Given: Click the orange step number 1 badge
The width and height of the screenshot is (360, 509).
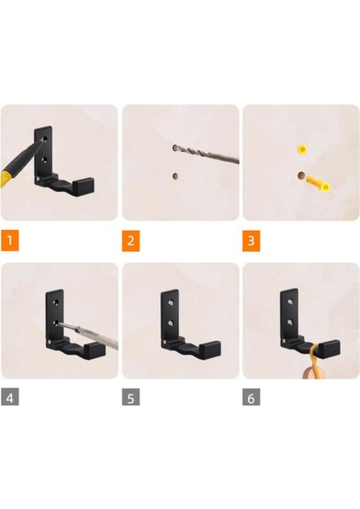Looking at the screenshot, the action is coord(9,241).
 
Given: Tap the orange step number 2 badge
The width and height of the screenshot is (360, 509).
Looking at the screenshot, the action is coord(131,241).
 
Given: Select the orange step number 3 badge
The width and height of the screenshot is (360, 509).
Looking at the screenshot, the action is coord(250,241).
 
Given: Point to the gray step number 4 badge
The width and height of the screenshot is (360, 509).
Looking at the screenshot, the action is coord(9,396).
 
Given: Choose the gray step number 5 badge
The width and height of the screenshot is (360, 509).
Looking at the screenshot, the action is coord(131,396).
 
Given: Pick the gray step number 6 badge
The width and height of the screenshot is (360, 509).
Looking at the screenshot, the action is coord(250,396).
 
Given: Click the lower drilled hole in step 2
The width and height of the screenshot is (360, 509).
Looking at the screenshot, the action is coord(175,176).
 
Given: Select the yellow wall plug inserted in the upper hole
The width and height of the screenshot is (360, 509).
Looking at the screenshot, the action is coord(302,149).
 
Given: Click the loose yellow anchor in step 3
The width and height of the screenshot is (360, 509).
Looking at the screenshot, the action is coord(318,184).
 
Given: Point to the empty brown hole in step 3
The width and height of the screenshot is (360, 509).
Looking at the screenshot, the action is coord(301,176).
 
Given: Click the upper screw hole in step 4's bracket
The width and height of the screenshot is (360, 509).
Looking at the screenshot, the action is coord(57,302).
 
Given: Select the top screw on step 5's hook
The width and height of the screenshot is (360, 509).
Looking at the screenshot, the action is coord(170,303).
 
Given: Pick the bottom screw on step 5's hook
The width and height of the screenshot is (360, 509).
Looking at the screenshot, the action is coord(170,323).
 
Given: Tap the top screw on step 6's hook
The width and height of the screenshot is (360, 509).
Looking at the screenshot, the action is coord(290,301).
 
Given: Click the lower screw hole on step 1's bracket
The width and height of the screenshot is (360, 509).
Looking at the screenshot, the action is coord(44,159).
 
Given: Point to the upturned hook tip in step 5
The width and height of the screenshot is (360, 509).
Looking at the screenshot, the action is coord(210,350).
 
